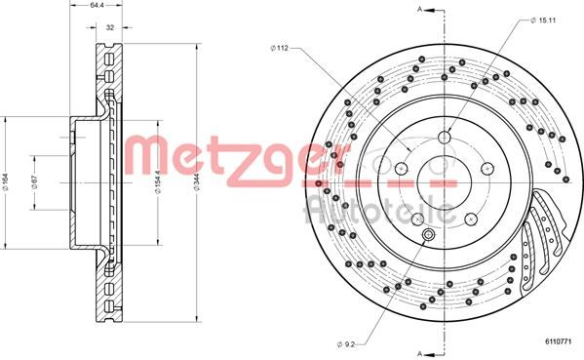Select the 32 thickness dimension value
[110, 27]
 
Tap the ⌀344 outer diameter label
[197, 182]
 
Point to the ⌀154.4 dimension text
[158, 181]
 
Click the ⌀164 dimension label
[5, 181]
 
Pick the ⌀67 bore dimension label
[35, 181]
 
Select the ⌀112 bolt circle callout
[280, 48]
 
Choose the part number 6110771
[559, 340]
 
